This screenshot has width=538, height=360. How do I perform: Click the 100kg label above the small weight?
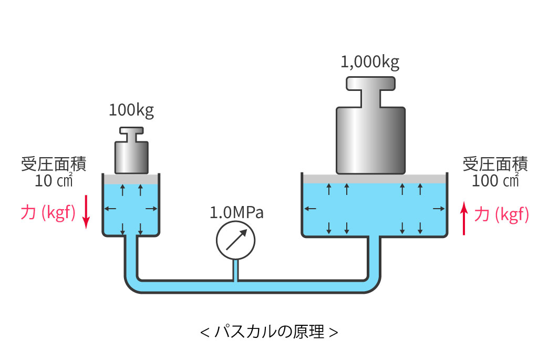pos(131,110)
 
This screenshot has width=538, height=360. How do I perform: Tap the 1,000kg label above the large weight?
pos(370,63)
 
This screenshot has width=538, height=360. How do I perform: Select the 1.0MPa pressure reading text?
pos(236,213)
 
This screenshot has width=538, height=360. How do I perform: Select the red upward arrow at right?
pos(464,219)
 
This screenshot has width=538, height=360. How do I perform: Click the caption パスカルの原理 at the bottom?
pos(269,332)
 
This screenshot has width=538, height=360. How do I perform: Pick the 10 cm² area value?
pos(54,180)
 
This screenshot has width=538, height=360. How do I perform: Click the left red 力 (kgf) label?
pos(48,213)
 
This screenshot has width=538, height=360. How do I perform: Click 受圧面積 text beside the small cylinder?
pos(54,164)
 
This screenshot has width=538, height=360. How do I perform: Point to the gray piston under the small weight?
pos(131,179)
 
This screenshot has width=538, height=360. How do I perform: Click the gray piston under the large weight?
pos(373,178)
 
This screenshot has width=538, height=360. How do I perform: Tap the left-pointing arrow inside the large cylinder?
pos(310,209)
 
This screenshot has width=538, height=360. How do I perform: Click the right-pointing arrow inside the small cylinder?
pos(151,209)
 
